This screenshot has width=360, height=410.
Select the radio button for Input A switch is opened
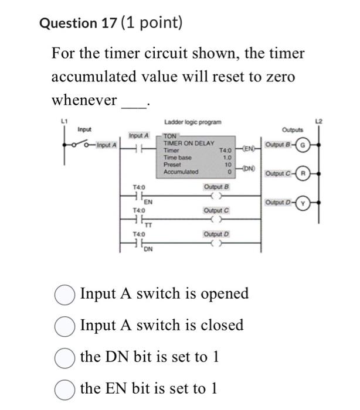(x=64, y=293)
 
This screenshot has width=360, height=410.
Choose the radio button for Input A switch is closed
(x=64, y=325)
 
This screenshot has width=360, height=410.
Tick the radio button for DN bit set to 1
(x=64, y=357)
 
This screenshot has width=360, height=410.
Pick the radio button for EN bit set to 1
(x=64, y=388)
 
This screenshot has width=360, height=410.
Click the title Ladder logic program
(x=193, y=122)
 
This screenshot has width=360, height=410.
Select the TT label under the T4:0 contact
(x=148, y=224)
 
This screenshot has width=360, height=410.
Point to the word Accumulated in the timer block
(x=181, y=172)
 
